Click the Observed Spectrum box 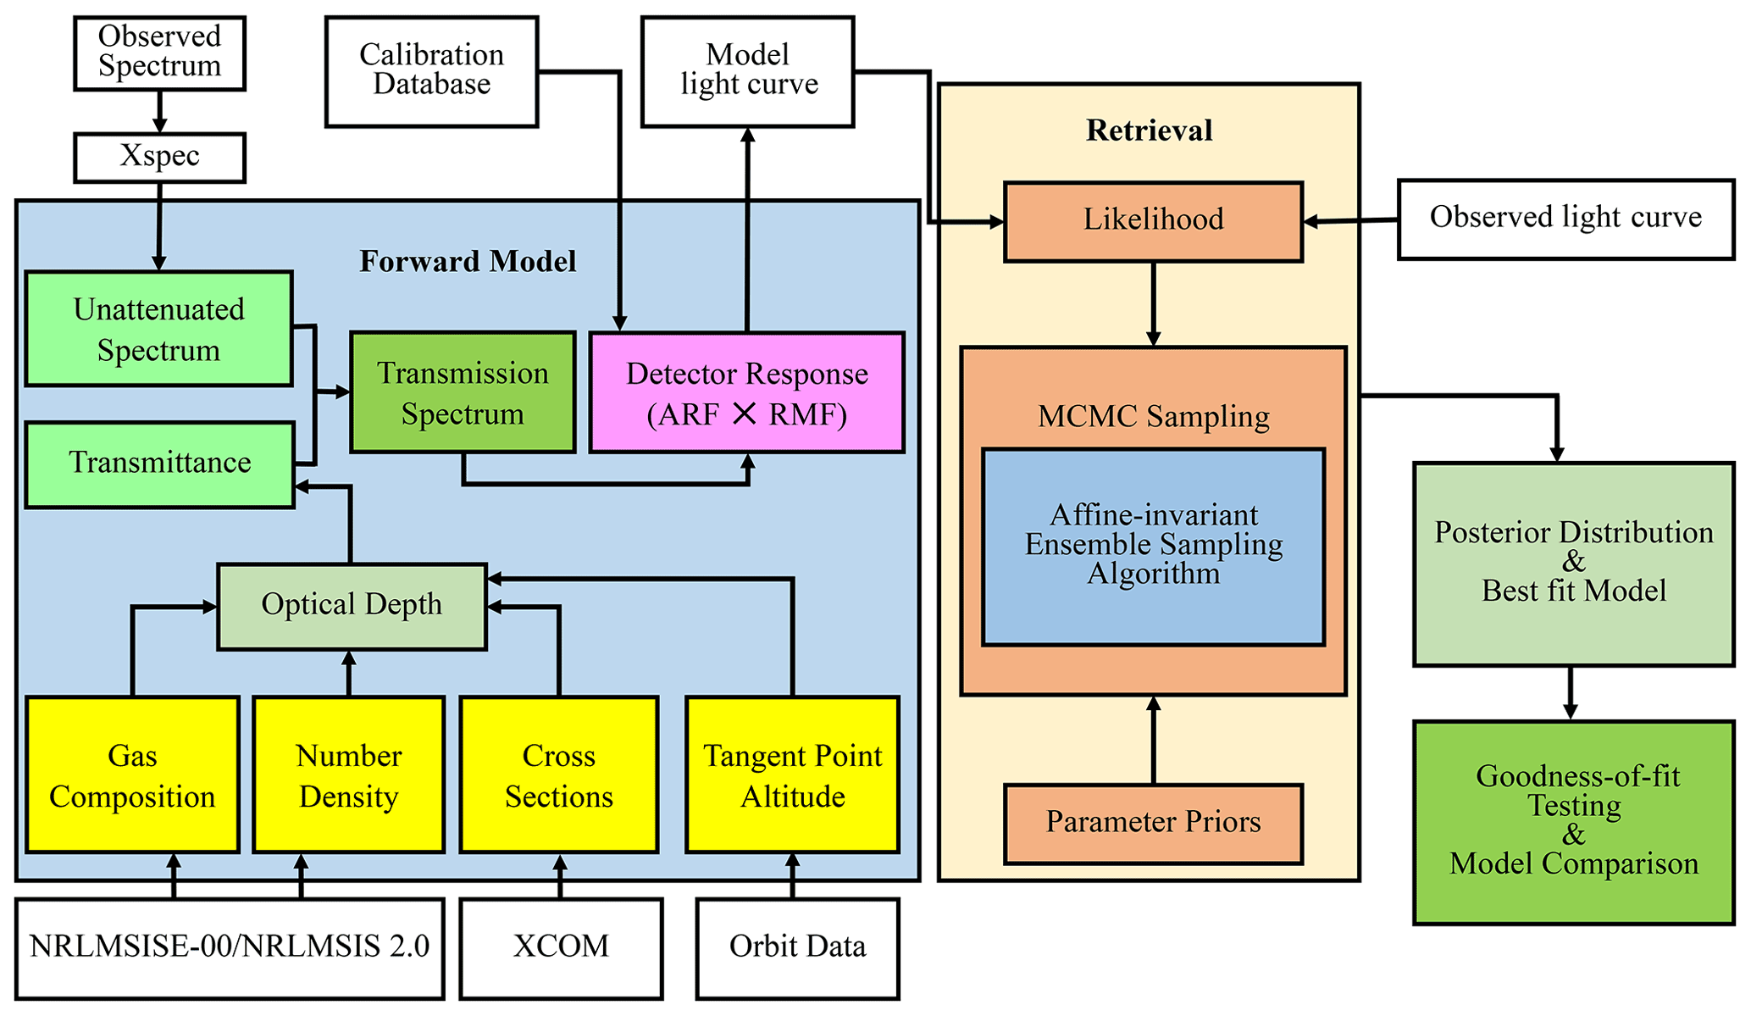(159, 53)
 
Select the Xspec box (159, 157)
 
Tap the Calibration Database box (431, 71)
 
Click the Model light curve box (748, 71)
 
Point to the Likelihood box (1153, 220)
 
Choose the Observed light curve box (1565, 219)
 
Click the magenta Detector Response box (746, 393)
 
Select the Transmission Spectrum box (463, 393)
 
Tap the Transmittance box (159, 464)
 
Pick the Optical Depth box (352, 606)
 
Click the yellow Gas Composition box (132, 774)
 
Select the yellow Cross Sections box (558, 774)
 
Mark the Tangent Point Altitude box (792, 774)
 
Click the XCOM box (560, 947)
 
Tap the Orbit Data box (797, 947)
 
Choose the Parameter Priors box (1153, 823)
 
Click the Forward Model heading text (468, 261)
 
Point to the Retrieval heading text (1149, 130)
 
